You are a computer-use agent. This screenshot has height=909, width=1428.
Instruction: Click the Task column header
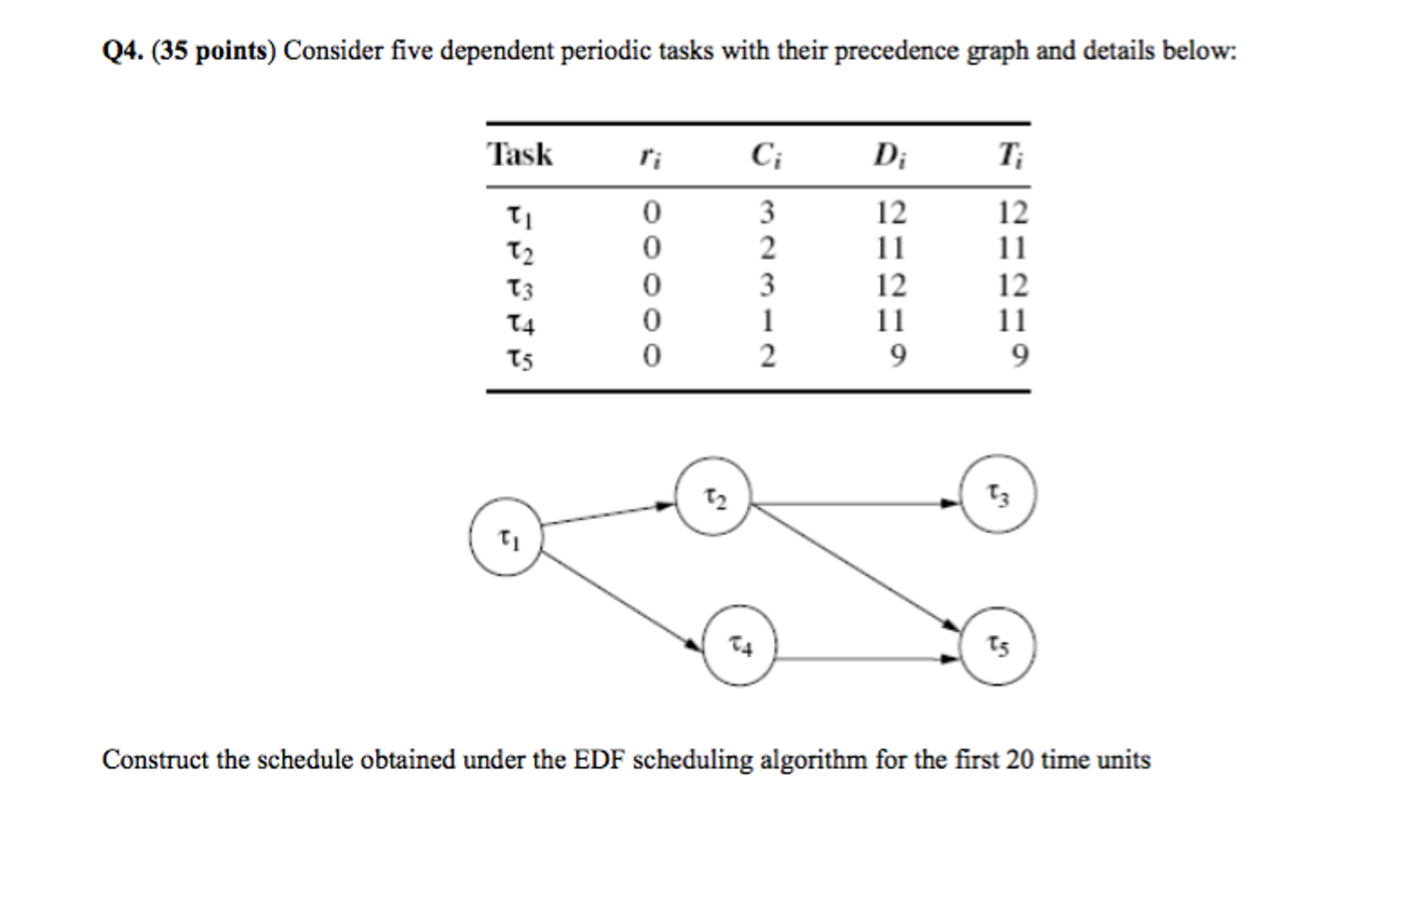click(x=519, y=154)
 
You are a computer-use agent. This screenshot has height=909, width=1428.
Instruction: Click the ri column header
click(x=650, y=157)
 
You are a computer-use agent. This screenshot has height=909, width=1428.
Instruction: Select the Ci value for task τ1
click(x=767, y=212)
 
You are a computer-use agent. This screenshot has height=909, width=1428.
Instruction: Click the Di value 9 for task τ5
click(x=898, y=356)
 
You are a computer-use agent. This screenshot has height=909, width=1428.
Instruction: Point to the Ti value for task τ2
click(x=1011, y=248)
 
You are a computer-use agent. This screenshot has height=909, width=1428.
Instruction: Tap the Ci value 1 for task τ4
click(x=768, y=321)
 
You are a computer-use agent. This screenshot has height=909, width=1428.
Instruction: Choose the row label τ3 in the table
click(x=519, y=287)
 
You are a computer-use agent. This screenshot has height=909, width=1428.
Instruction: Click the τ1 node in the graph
click(x=506, y=536)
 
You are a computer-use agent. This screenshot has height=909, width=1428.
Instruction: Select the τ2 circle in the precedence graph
click(x=713, y=497)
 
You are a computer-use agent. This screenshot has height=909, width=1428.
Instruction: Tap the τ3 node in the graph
click(x=998, y=494)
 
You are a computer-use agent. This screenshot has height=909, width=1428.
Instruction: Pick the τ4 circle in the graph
click(x=739, y=645)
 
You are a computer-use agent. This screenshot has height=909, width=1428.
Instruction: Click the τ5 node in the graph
click(x=998, y=646)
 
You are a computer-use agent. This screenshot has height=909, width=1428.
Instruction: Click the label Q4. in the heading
click(x=123, y=51)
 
